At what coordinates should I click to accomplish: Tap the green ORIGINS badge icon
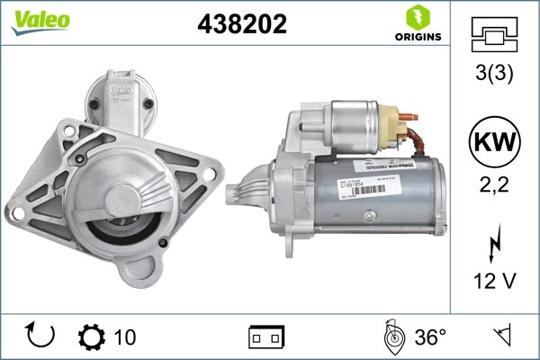click(418, 16)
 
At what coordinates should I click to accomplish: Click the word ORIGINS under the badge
click(418, 38)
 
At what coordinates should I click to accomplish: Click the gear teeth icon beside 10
click(92, 337)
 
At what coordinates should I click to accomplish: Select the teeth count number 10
click(126, 337)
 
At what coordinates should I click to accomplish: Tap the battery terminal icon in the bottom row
click(266, 337)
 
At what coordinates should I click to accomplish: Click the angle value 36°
click(431, 337)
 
